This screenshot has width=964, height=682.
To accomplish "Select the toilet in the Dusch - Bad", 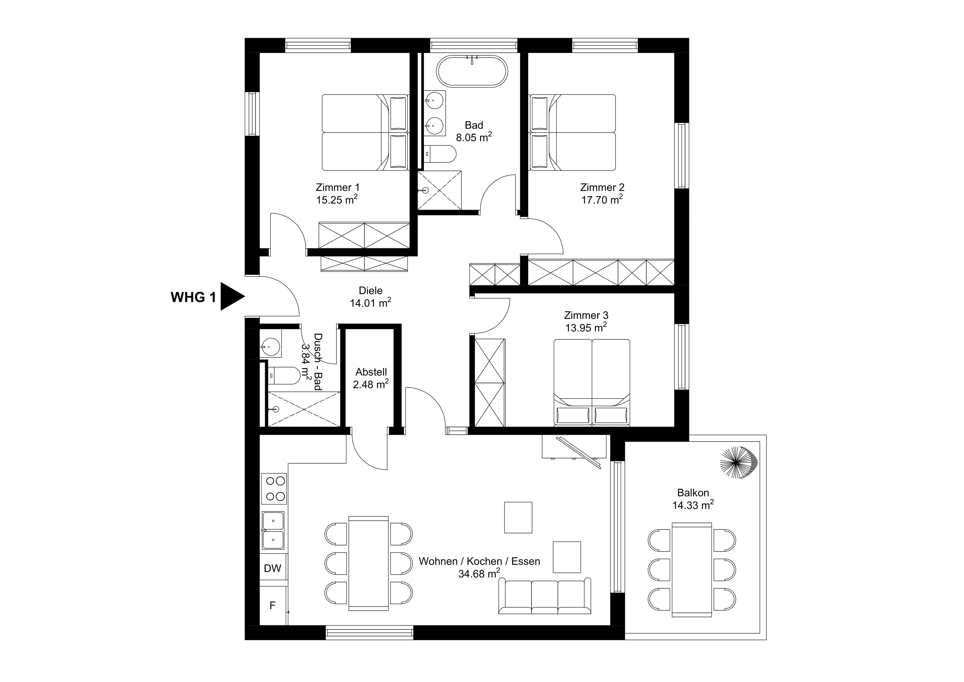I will click(284, 375).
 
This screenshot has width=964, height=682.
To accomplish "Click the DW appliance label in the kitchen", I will click(273, 569).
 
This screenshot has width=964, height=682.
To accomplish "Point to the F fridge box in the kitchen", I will click(273, 606).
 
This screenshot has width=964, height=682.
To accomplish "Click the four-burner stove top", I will click(273, 489).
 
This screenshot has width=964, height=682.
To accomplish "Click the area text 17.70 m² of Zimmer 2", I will click(602, 200).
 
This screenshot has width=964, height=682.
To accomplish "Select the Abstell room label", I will click(371, 372).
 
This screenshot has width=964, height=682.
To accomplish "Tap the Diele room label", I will click(370, 290).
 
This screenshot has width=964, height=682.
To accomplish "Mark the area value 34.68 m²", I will click(479, 574).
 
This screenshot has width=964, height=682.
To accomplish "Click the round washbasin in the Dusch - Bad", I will click(270, 347).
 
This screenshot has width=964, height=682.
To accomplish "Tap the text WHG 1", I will click(193, 297).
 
